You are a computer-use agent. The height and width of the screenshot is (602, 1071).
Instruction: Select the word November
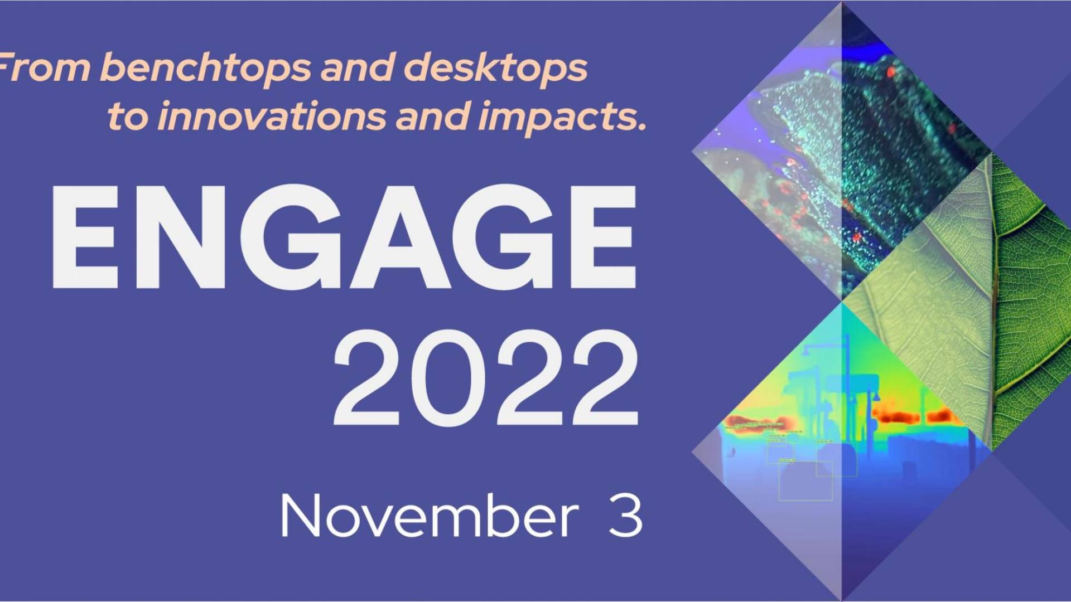pyautogui.click(x=430, y=515)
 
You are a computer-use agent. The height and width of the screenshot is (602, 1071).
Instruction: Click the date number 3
pyautogui.click(x=625, y=516)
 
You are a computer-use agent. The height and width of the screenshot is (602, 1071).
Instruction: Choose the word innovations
pyautogui.click(x=271, y=116)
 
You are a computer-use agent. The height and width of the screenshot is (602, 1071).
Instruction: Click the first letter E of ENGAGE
pyautogui.click(x=86, y=237)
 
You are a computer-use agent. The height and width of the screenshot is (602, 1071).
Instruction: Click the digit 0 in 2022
pyautogui.click(x=447, y=377)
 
